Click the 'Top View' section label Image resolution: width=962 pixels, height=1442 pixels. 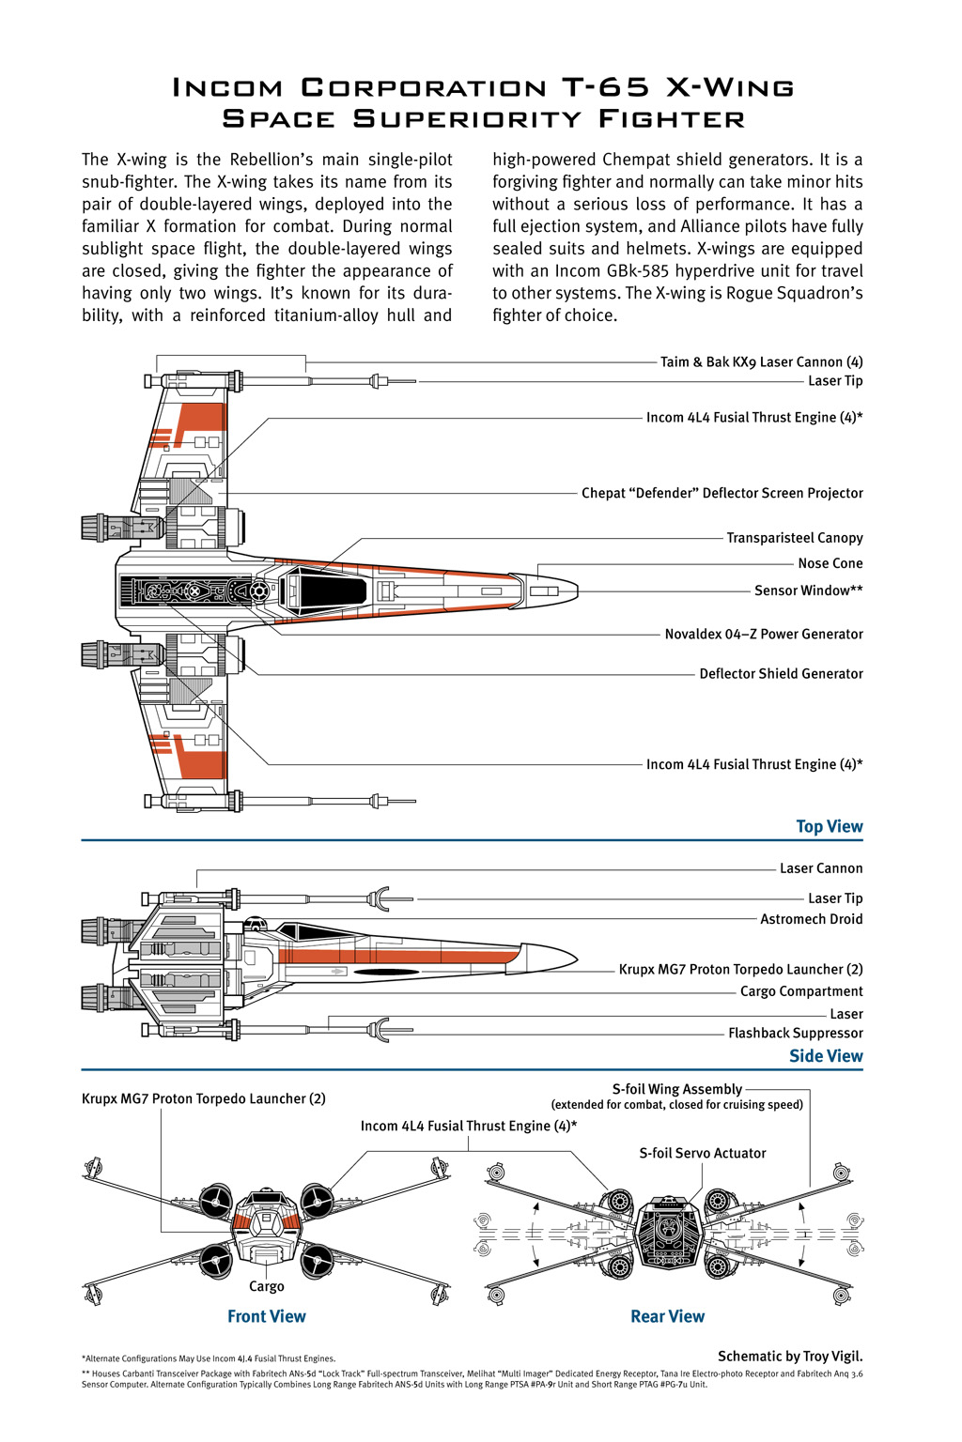click(829, 826)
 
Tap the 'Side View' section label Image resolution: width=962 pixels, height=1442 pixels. click(826, 1055)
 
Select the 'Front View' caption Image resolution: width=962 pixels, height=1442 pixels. click(267, 1316)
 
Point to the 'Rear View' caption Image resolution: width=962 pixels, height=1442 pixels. click(667, 1316)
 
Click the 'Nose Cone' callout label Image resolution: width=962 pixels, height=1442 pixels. click(830, 563)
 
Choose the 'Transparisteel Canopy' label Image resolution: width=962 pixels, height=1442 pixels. click(794, 538)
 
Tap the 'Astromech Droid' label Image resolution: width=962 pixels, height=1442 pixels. click(811, 919)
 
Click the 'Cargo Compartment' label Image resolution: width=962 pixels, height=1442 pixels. click(800, 991)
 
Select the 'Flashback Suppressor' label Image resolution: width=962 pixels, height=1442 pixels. click(795, 1033)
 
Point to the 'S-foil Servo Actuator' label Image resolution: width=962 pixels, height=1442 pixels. click(702, 1153)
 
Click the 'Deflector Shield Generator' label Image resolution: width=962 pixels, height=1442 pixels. click(781, 673)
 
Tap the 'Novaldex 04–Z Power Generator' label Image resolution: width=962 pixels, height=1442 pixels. click(763, 634)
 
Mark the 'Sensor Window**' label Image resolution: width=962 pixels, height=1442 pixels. click(808, 591)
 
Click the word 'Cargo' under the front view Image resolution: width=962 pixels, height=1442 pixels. click(267, 1286)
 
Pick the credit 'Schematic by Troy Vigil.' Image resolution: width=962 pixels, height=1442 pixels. click(789, 1356)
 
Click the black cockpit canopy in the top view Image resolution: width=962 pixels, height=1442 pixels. click(329, 591)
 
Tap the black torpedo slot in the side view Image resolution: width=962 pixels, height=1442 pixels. click(386, 972)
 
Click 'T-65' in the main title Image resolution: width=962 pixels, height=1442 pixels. click(606, 87)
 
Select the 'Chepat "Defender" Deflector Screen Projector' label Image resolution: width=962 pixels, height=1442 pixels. click(721, 493)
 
